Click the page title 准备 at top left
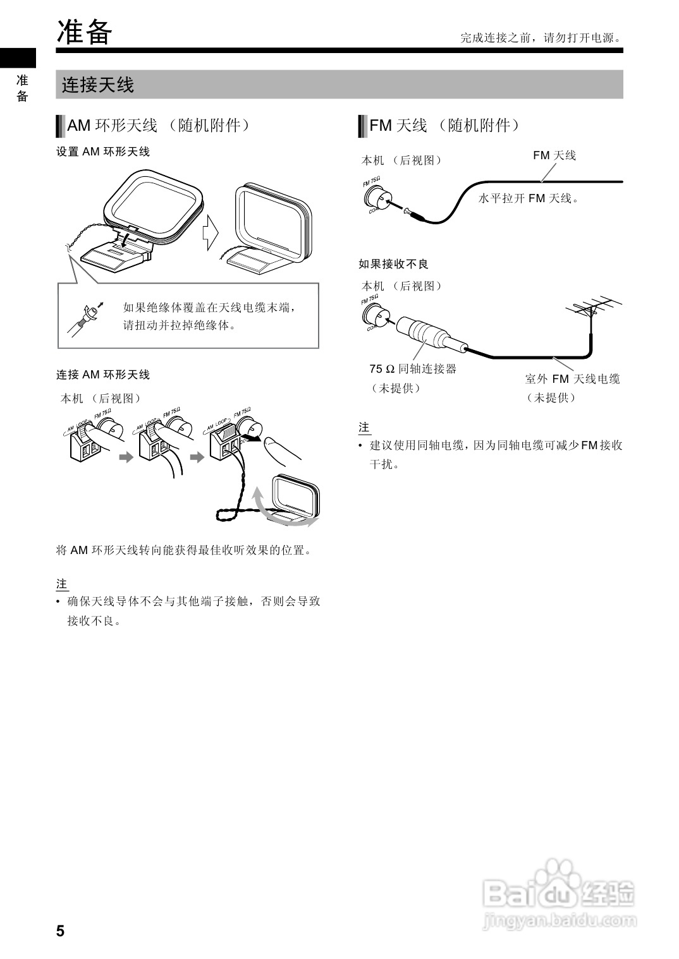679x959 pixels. [85, 32]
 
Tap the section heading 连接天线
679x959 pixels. [98, 85]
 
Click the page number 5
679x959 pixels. [60, 931]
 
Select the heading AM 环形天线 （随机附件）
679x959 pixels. [158, 125]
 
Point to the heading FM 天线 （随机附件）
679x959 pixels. [444, 125]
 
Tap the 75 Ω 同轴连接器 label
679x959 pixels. [413, 368]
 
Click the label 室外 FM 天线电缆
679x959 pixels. [572, 378]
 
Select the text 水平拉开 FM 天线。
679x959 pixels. [529, 198]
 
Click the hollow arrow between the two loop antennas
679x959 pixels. [210, 233]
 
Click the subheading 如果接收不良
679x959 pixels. [393, 263]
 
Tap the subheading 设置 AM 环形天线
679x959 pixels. [103, 152]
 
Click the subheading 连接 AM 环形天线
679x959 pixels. [103, 375]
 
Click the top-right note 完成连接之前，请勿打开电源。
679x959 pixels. [541, 38]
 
